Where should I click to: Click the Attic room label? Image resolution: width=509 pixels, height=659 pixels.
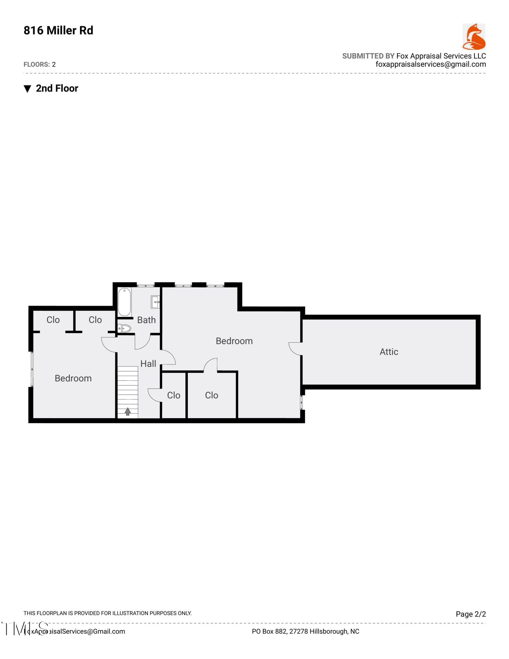388,352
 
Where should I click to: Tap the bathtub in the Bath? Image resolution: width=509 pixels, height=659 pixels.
124,302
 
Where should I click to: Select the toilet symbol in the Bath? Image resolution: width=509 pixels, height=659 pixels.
125,328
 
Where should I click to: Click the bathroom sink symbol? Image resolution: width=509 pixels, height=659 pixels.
156,302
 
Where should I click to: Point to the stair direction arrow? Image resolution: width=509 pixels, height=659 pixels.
128,411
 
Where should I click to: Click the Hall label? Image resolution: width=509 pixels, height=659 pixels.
148,363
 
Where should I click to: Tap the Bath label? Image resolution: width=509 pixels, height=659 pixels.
146,320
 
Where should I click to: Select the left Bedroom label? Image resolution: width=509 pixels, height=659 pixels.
73,378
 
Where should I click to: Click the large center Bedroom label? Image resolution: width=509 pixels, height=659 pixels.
234,341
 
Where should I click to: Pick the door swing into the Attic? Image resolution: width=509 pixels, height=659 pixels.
295,349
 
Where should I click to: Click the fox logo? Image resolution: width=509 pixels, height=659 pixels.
474,37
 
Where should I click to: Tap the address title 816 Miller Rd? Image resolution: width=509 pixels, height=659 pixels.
58,30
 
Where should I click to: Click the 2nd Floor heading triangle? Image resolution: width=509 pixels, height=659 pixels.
27,89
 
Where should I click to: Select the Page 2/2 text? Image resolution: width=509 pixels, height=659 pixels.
470,614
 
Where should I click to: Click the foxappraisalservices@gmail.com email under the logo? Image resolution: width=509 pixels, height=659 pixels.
431,64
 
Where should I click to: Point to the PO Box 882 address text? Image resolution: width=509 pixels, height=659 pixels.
305,631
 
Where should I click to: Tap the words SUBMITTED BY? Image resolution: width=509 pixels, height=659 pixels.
368,56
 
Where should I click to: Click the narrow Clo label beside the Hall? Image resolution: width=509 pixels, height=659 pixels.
174,395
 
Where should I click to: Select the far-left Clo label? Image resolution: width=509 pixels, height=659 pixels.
53,320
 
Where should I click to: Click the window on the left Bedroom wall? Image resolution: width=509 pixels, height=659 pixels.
32,369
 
